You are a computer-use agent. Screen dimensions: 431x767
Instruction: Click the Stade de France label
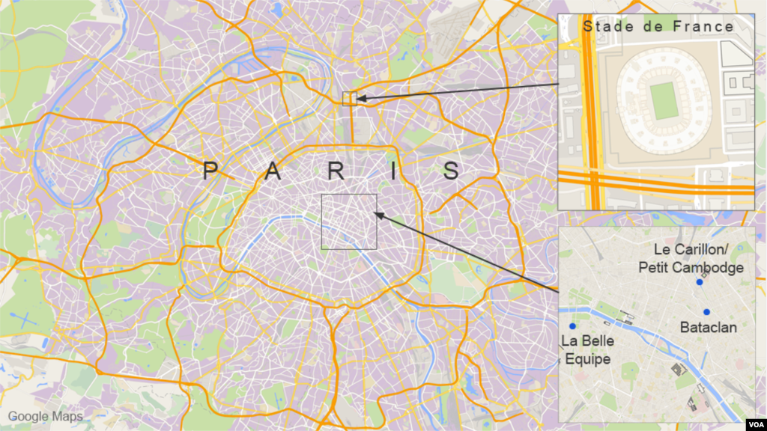[658, 27]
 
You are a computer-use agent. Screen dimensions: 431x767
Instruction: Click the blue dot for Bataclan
[706, 311]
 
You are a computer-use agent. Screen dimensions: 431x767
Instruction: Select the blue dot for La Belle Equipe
[572, 326]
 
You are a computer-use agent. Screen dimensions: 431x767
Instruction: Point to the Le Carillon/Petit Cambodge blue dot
[699, 282]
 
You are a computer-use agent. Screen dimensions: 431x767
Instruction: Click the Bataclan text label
[708, 328]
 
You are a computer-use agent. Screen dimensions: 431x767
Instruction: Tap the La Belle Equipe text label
[587, 350]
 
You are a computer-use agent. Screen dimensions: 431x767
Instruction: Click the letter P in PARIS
[210, 172]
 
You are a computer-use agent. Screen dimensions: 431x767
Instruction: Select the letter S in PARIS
[451, 172]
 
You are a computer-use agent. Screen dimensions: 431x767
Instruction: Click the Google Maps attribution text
[45, 416]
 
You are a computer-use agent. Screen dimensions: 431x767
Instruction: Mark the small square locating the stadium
[349, 99]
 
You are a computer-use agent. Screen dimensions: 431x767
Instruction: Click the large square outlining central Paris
[349, 221]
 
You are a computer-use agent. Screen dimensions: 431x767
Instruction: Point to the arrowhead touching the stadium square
[360, 98]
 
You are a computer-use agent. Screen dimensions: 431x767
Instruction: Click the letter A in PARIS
[273, 172]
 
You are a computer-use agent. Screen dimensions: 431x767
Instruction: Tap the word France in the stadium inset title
[704, 27]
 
